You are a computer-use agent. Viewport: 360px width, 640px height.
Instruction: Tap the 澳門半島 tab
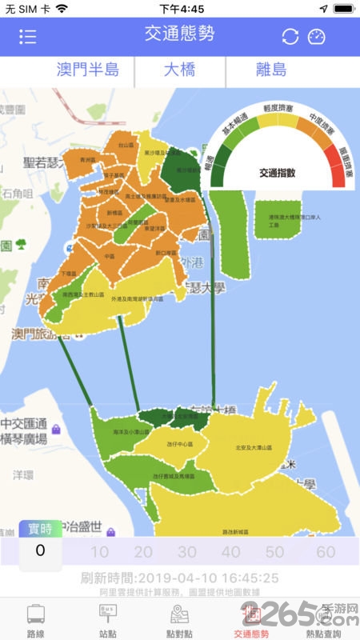(88, 70)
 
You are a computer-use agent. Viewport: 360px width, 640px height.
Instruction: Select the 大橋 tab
(181, 70)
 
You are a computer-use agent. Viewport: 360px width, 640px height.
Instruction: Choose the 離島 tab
(271, 70)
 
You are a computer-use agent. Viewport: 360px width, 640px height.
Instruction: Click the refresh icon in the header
(290, 37)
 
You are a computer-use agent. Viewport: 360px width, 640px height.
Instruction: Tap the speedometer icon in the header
(318, 37)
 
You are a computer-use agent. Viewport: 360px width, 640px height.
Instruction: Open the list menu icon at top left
(28, 37)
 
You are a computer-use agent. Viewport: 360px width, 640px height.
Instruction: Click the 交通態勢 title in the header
(179, 34)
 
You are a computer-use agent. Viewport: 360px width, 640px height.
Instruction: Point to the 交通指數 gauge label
(278, 172)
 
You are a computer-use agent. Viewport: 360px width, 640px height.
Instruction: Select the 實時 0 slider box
(40, 544)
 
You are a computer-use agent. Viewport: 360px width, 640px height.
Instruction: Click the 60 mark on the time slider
(326, 552)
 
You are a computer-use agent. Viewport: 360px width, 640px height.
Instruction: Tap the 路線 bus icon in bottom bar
(36, 620)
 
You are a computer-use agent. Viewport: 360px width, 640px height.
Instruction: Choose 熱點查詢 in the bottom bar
(324, 620)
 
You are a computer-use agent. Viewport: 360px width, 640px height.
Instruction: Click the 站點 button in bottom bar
(108, 620)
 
